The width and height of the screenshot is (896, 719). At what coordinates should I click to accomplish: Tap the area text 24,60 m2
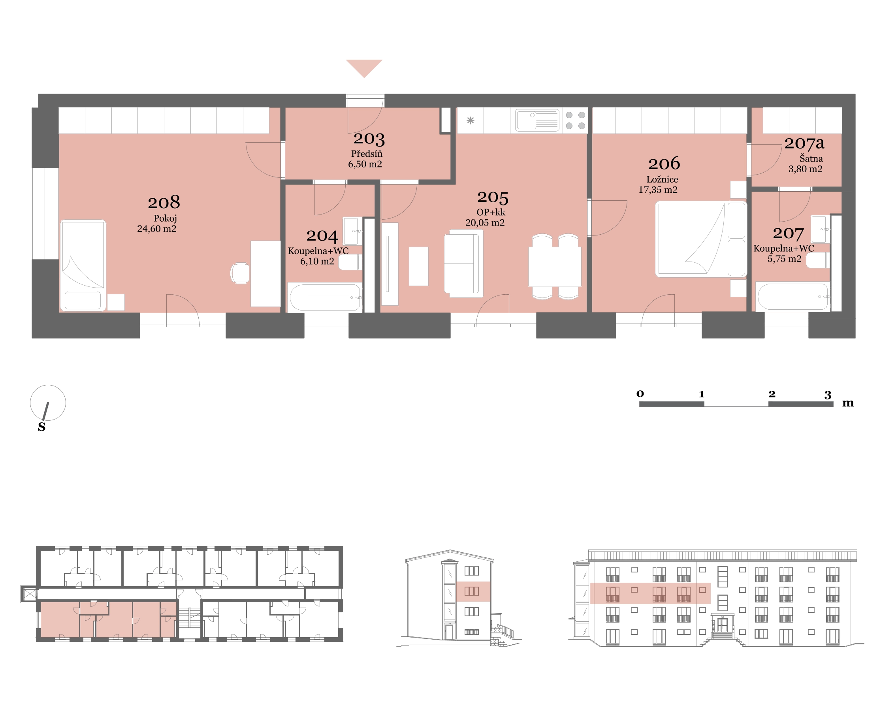point(157,229)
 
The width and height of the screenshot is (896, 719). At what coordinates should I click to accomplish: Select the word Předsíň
point(367,153)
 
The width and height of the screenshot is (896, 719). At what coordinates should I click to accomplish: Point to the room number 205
point(493,198)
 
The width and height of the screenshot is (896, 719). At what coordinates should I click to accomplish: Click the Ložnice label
point(662,179)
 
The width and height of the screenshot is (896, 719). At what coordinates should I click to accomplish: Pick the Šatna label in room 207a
point(811,158)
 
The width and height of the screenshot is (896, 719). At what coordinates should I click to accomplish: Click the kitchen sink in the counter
point(537,120)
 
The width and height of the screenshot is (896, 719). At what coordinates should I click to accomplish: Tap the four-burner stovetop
point(575,120)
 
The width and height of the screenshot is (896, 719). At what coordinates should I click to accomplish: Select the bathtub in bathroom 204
point(325,297)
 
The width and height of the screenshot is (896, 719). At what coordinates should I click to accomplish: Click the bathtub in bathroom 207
point(793,297)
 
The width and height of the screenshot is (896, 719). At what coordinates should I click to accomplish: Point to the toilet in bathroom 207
point(818,260)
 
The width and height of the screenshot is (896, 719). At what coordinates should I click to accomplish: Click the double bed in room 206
point(701,239)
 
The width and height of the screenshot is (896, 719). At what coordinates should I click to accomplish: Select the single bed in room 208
point(83,265)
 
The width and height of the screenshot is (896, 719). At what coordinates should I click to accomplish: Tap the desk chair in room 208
point(240,273)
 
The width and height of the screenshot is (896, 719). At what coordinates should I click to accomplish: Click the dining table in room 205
point(555,266)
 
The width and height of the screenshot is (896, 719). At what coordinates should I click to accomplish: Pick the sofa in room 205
point(464,264)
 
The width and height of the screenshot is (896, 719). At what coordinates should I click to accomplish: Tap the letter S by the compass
point(41,426)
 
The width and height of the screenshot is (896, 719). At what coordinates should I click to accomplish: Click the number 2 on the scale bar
point(772,393)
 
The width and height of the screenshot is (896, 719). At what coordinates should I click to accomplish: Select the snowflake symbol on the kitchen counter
point(471,120)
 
